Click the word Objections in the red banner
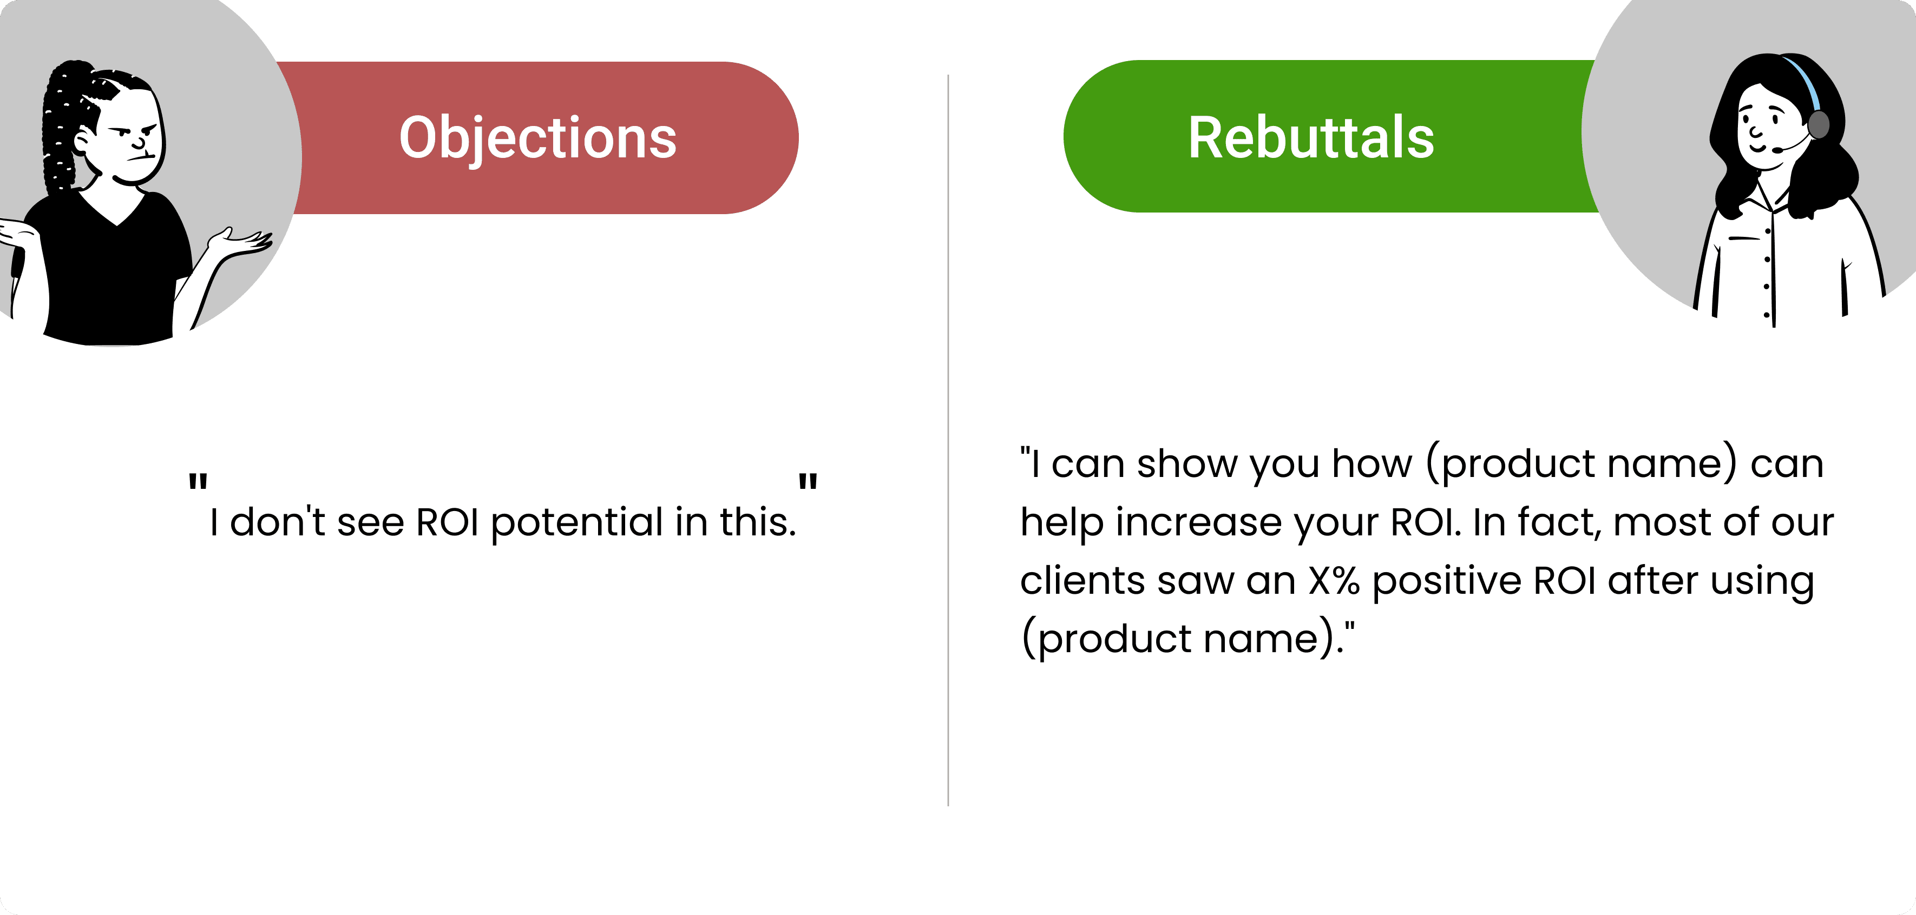click(538, 138)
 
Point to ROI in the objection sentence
click(447, 522)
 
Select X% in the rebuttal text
click(1334, 580)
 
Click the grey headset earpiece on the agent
click(1818, 125)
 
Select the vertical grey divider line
click(948, 440)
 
